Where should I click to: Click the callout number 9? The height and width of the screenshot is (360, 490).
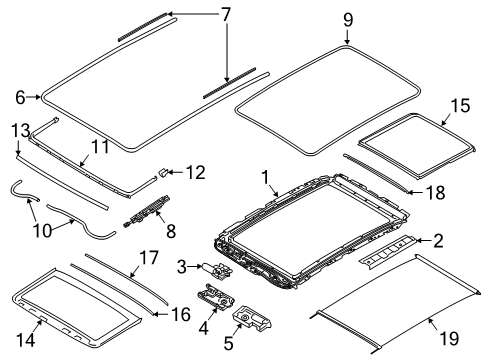[348, 20]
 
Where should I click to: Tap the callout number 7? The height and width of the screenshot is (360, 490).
[226, 15]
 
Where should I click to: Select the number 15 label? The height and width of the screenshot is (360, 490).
[460, 105]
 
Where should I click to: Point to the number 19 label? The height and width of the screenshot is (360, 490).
[449, 339]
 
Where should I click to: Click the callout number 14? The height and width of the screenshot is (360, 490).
[26, 340]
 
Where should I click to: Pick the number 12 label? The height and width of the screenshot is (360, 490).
[195, 173]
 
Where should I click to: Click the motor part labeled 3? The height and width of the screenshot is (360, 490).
[218, 270]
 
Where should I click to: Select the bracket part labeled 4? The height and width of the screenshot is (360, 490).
[216, 298]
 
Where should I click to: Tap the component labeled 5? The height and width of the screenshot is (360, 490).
[252, 319]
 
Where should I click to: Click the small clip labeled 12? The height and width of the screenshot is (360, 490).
[162, 173]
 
